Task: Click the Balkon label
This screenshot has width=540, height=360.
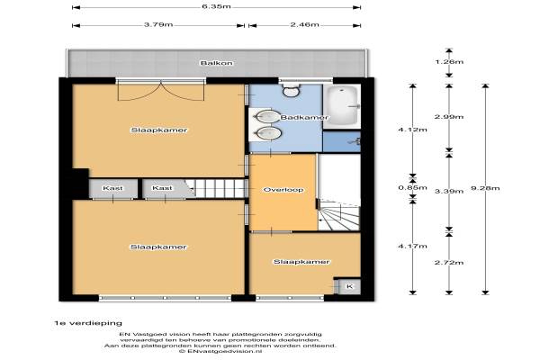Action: [x=216, y=63]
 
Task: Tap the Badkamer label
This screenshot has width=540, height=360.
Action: [x=304, y=118]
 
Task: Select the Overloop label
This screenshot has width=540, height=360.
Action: [x=283, y=190]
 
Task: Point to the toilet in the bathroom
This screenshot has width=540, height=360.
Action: [x=292, y=90]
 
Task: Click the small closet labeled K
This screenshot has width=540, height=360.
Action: [x=349, y=286]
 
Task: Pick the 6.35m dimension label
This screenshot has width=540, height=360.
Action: [x=216, y=6]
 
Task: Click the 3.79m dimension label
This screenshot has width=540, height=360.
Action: [x=158, y=25]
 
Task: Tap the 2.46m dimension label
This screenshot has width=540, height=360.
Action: [x=304, y=25]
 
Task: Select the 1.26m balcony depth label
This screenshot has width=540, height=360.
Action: [x=449, y=62]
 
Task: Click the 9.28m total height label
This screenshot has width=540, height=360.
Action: [x=485, y=188]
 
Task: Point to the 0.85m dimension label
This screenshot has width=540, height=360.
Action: [x=412, y=188]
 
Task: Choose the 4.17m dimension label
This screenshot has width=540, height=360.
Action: [x=412, y=247]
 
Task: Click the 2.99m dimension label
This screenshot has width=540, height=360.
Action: [x=449, y=117]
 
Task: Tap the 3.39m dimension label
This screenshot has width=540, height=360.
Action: [x=449, y=191]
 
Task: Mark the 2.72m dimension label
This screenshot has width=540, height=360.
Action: [x=449, y=263]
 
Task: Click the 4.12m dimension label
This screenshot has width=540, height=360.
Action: [x=412, y=130]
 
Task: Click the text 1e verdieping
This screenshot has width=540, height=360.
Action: [x=88, y=323]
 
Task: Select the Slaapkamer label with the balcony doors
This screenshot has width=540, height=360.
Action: [x=159, y=130]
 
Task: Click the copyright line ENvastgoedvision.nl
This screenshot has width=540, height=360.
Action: [x=220, y=351]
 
